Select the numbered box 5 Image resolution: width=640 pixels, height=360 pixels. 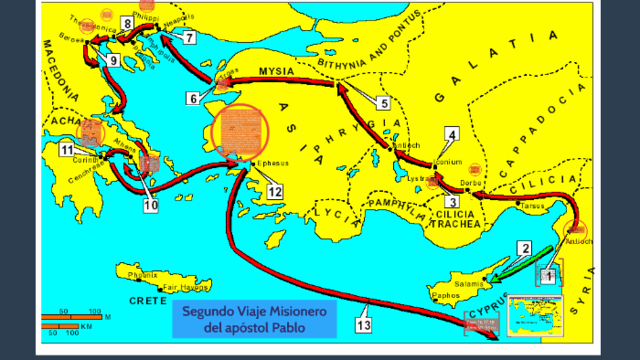383,101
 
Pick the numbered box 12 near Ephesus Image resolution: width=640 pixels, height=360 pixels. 273,190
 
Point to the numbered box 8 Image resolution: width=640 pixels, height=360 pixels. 127,22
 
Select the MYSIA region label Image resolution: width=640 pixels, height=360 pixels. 276,73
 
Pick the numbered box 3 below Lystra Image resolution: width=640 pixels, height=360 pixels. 451,201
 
